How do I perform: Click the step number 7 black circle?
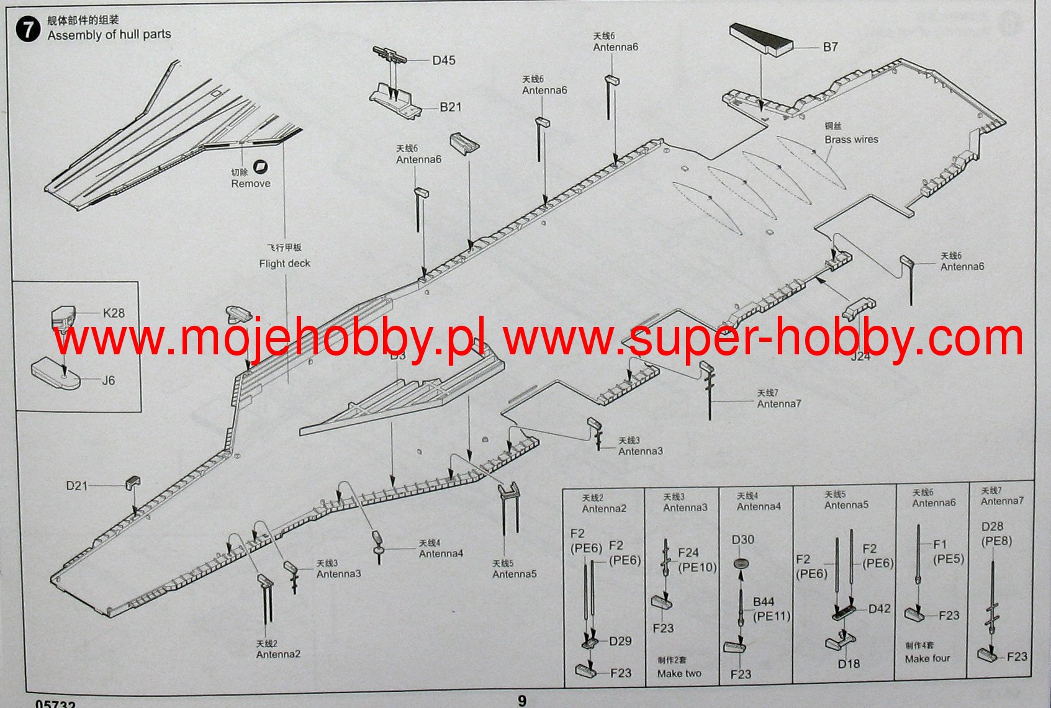[x=28, y=29]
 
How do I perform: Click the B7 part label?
[x=830, y=47]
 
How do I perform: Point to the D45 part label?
[x=444, y=60]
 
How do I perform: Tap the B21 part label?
[x=451, y=107]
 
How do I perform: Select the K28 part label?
[x=114, y=313]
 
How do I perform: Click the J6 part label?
[x=109, y=380]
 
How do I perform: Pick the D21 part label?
[x=77, y=486]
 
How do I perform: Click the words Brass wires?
[x=851, y=140]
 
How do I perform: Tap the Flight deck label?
[x=284, y=264]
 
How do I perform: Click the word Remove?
[x=251, y=184]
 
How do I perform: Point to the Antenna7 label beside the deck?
[x=779, y=404]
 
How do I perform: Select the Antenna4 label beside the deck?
[x=441, y=553]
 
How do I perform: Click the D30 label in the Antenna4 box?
[x=742, y=540]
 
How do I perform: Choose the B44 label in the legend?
[x=764, y=602]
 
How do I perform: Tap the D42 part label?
[x=879, y=609]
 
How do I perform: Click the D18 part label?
[x=849, y=664]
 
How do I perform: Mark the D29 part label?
[x=620, y=642]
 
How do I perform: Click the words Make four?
[x=927, y=658]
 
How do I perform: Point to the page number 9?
[x=522, y=701]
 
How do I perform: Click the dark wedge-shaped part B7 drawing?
[x=760, y=38]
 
